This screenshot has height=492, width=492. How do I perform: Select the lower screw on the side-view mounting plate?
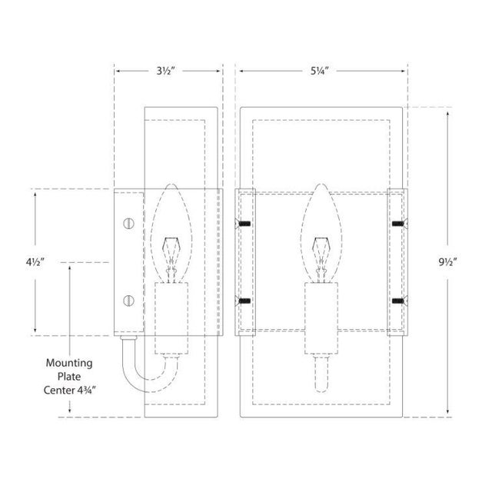pyautogui.click(x=128, y=300)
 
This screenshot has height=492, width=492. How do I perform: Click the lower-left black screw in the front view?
pyautogui.click(x=245, y=301)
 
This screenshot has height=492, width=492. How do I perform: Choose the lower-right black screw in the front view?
pyautogui.click(x=397, y=301)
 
